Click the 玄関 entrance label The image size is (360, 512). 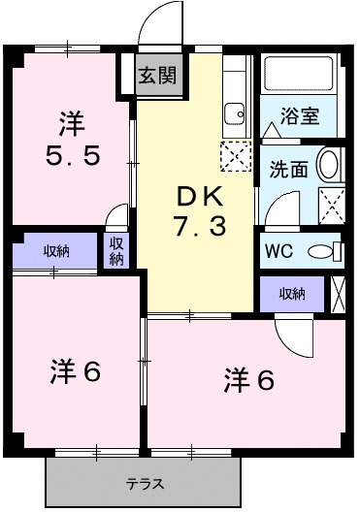click(x=149, y=75)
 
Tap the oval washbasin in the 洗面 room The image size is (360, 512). click(x=330, y=165)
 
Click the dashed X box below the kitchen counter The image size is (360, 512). click(x=235, y=156)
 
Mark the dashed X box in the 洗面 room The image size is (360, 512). click(x=333, y=205)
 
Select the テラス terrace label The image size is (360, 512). click(x=144, y=484)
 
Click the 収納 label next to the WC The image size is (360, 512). click(x=290, y=293)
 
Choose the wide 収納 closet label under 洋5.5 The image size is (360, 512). click(x=55, y=252)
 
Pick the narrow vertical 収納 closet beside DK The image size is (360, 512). click(x=117, y=251)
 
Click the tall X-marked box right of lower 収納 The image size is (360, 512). click(x=338, y=293)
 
